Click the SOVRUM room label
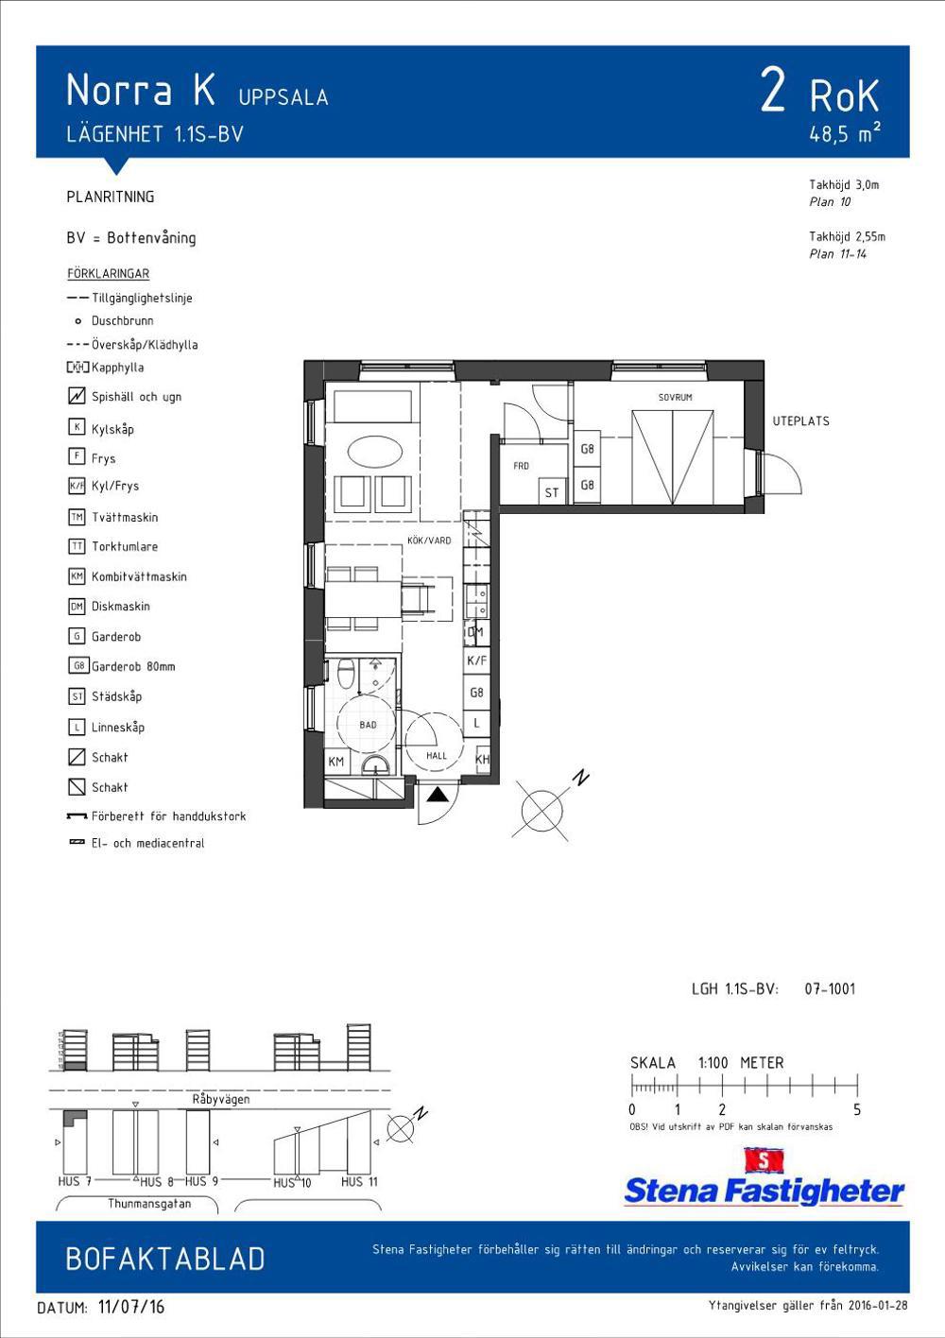[x=675, y=397]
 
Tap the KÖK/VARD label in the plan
[x=429, y=540]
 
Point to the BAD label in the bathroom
[x=368, y=725]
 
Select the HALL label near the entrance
[x=437, y=756]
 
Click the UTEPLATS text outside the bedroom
[x=800, y=421]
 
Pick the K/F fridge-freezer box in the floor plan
[x=476, y=660]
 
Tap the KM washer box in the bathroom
[x=336, y=762]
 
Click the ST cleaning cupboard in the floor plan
[x=552, y=491]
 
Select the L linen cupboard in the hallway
[x=476, y=724]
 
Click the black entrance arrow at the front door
[x=438, y=794]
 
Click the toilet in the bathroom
[x=345, y=673]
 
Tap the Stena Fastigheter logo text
[x=764, y=1191]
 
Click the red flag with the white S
[x=764, y=1160]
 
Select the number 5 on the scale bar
[x=857, y=1110]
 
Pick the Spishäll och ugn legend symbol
[x=77, y=395]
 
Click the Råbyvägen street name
[x=221, y=1099]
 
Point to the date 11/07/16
[x=130, y=1306]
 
